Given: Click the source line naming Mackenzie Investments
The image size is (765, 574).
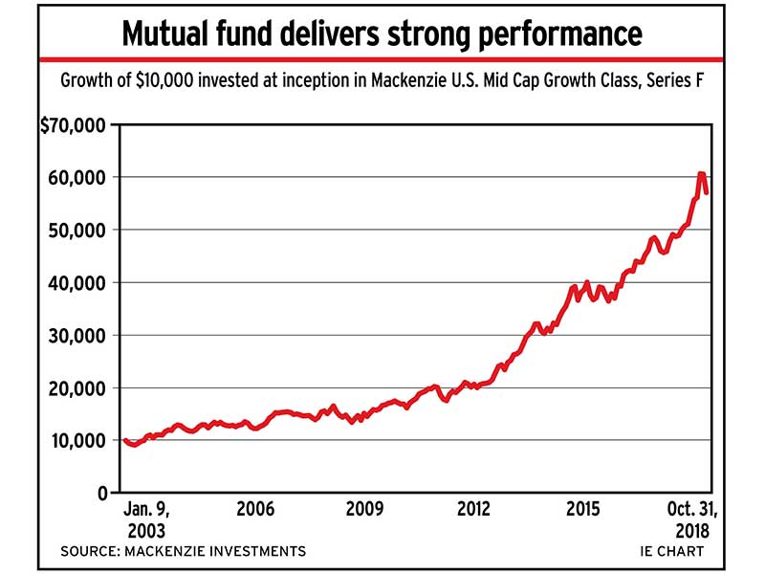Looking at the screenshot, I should click(183, 551).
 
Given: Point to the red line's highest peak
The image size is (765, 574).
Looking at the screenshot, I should click(702, 174).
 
